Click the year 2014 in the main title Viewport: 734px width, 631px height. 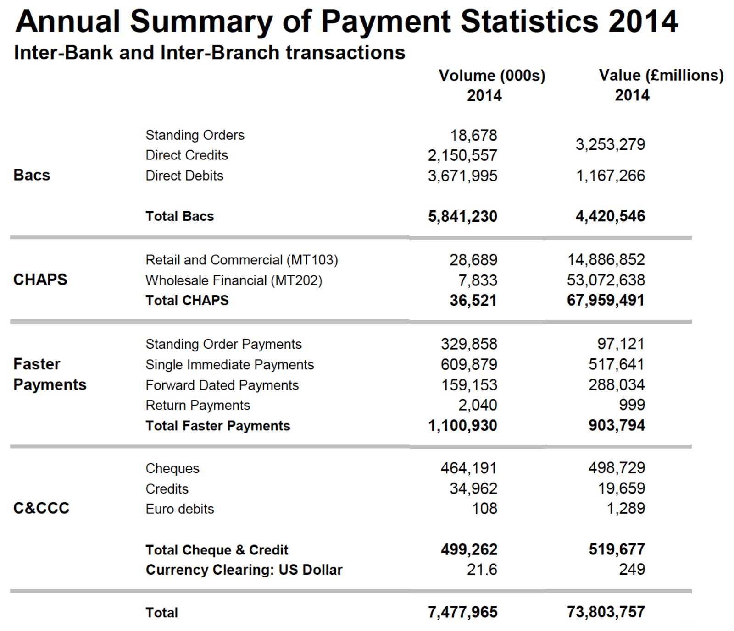coord(643,21)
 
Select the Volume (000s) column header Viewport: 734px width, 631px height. coord(492,76)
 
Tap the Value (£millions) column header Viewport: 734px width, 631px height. coord(661,75)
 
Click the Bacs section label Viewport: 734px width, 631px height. coord(32,175)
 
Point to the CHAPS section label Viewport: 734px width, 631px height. coord(40,280)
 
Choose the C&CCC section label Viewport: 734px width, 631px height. coord(41,508)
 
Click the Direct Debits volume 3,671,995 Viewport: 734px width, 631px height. coord(462,176)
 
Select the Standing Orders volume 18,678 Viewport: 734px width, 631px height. coord(473,135)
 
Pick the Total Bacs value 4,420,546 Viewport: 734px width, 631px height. coord(610,216)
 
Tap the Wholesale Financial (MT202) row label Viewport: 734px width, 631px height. coord(234,280)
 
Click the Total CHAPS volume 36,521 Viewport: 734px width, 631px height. coord(473,301)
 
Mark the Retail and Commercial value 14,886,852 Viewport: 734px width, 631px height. coord(606,260)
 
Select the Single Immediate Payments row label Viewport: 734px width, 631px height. coord(229,365)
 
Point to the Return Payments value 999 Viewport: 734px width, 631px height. coord(632,405)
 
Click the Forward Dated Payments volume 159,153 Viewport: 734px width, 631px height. coord(469,385)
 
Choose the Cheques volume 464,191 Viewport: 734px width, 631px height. coord(468,468)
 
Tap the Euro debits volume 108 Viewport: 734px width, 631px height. coord(485,509)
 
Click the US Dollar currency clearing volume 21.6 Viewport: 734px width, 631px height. coord(482,570)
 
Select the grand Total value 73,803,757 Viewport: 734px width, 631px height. coord(606,612)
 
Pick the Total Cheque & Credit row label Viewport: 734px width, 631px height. coord(217,550)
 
